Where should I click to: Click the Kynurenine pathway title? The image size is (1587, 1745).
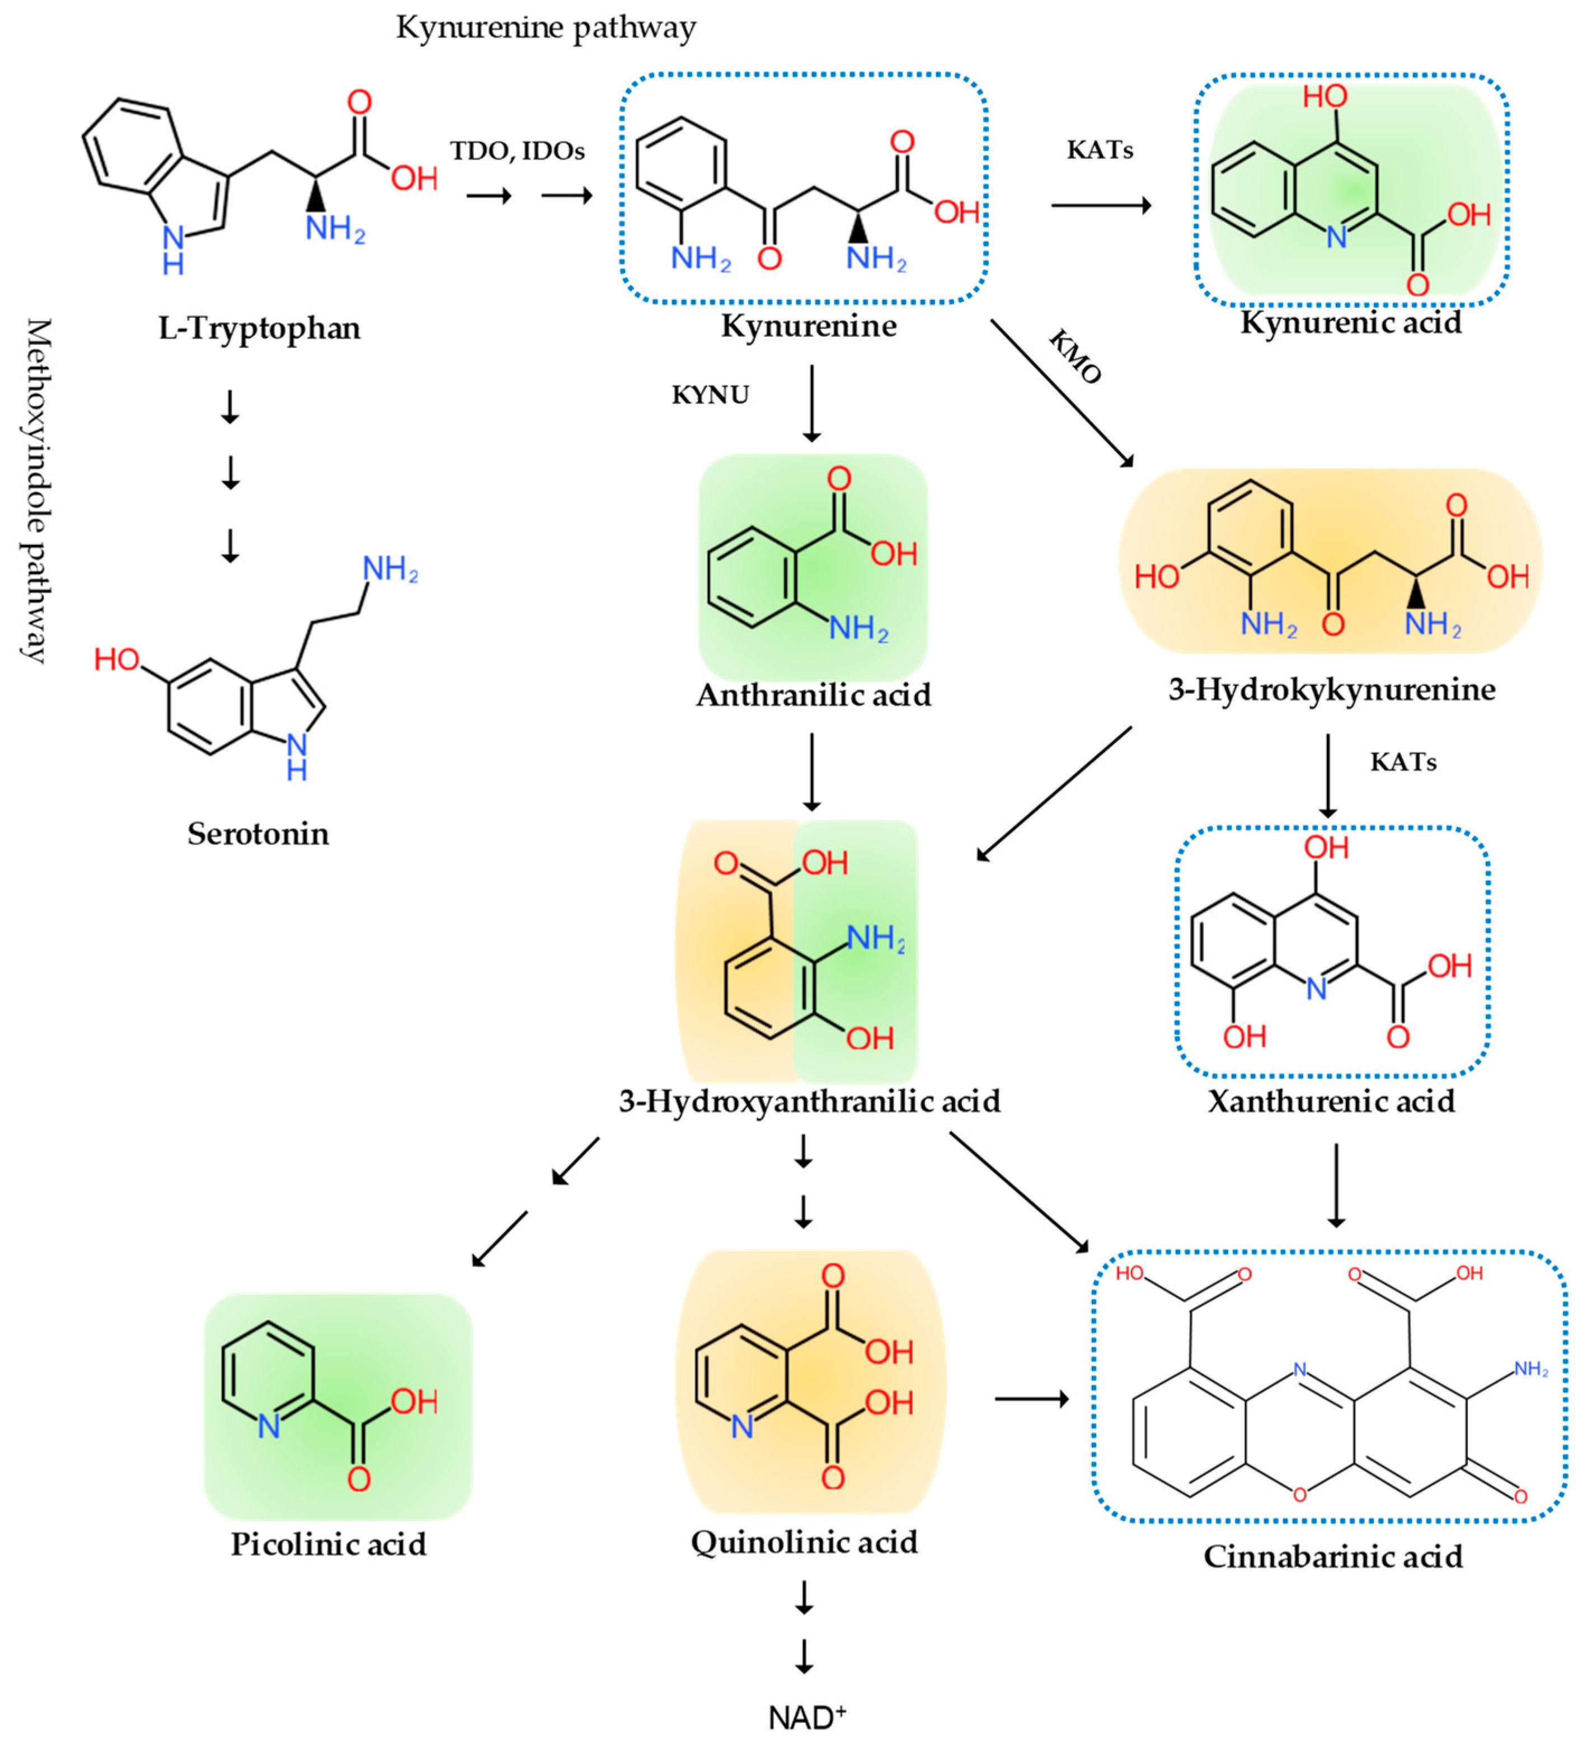(x=546, y=28)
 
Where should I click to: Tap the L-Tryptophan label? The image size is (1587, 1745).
(x=259, y=328)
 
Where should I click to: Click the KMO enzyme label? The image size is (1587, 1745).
(x=1074, y=356)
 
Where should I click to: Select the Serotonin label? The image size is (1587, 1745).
(x=258, y=834)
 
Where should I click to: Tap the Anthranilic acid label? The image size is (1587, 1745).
(x=813, y=695)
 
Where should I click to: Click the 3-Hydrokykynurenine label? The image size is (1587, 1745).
(x=1332, y=689)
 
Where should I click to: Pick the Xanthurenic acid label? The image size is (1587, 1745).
(x=1331, y=1101)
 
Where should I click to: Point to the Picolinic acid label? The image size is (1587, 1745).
(x=328, y=1544)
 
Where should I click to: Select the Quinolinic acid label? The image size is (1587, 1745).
(x=804, y=1541)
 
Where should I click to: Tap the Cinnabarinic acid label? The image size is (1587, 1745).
(x=1332, y=1556)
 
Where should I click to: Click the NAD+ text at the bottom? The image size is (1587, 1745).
(x=806, y=1717)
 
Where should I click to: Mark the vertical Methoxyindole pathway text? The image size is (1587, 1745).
(x=36, y=490)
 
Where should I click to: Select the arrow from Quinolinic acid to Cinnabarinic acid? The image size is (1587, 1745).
(x=1031, y=1399)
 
